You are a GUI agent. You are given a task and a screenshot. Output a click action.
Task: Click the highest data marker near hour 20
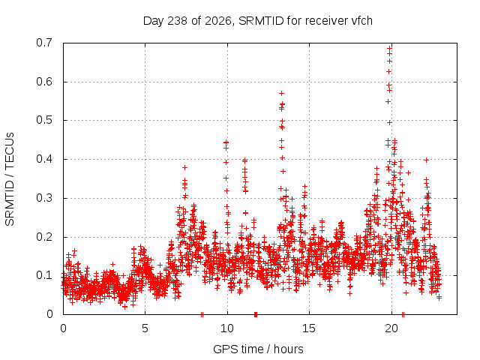[390, 48]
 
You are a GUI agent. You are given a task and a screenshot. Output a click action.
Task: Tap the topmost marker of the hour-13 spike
[282, 93]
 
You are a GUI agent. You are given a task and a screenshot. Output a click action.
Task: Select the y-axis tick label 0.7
[44, 43]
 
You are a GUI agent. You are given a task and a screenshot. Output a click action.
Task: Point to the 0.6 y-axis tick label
[44, 82]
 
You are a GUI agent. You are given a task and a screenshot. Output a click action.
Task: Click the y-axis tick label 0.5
[44, 120]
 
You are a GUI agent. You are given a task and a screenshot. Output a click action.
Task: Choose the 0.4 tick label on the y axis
[44, 159]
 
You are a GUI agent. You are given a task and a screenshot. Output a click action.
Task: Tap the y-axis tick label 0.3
[44, 198]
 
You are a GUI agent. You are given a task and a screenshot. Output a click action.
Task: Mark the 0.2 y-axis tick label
[44, 237]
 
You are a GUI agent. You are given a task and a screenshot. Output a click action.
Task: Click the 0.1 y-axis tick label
[44, 275]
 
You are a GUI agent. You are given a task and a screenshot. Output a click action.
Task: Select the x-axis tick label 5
[145, 328]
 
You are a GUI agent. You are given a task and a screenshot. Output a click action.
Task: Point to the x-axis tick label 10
[227, 328]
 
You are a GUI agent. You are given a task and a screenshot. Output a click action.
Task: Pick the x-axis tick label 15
[309, 328]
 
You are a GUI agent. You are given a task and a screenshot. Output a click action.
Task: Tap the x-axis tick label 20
[391, 328]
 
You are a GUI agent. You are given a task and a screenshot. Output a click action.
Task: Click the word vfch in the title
[361, 21]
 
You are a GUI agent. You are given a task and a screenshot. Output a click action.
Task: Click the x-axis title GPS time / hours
[258, 349]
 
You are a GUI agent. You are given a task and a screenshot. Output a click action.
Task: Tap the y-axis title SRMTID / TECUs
[10, 179]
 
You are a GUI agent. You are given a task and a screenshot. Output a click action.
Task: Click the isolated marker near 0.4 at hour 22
[426, 160]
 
